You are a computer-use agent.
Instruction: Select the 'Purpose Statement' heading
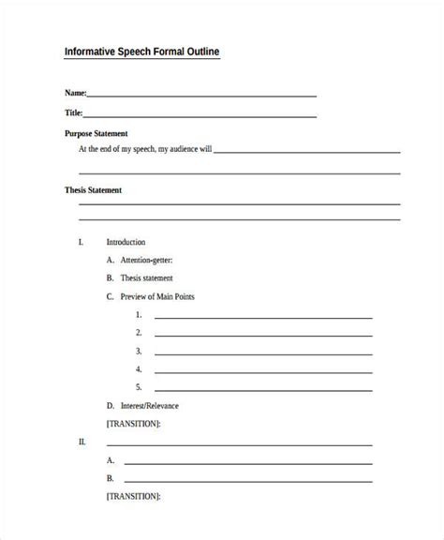click(96, 133)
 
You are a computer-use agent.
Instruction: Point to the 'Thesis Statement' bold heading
click(93, 189)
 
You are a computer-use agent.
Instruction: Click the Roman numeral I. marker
click(81, 242)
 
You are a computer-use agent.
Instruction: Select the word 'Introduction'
click(126, 242)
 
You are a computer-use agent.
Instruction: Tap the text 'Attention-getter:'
click(146, 260)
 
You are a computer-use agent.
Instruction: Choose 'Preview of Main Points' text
click(157, 296)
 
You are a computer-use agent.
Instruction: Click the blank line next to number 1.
click(263, 318)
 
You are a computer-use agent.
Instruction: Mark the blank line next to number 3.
click(263, 353)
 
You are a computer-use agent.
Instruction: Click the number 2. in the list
click(139, 332)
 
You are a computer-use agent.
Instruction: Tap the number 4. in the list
click(139, 368)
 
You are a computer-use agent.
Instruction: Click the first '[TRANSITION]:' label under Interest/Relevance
click(133, 424)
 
